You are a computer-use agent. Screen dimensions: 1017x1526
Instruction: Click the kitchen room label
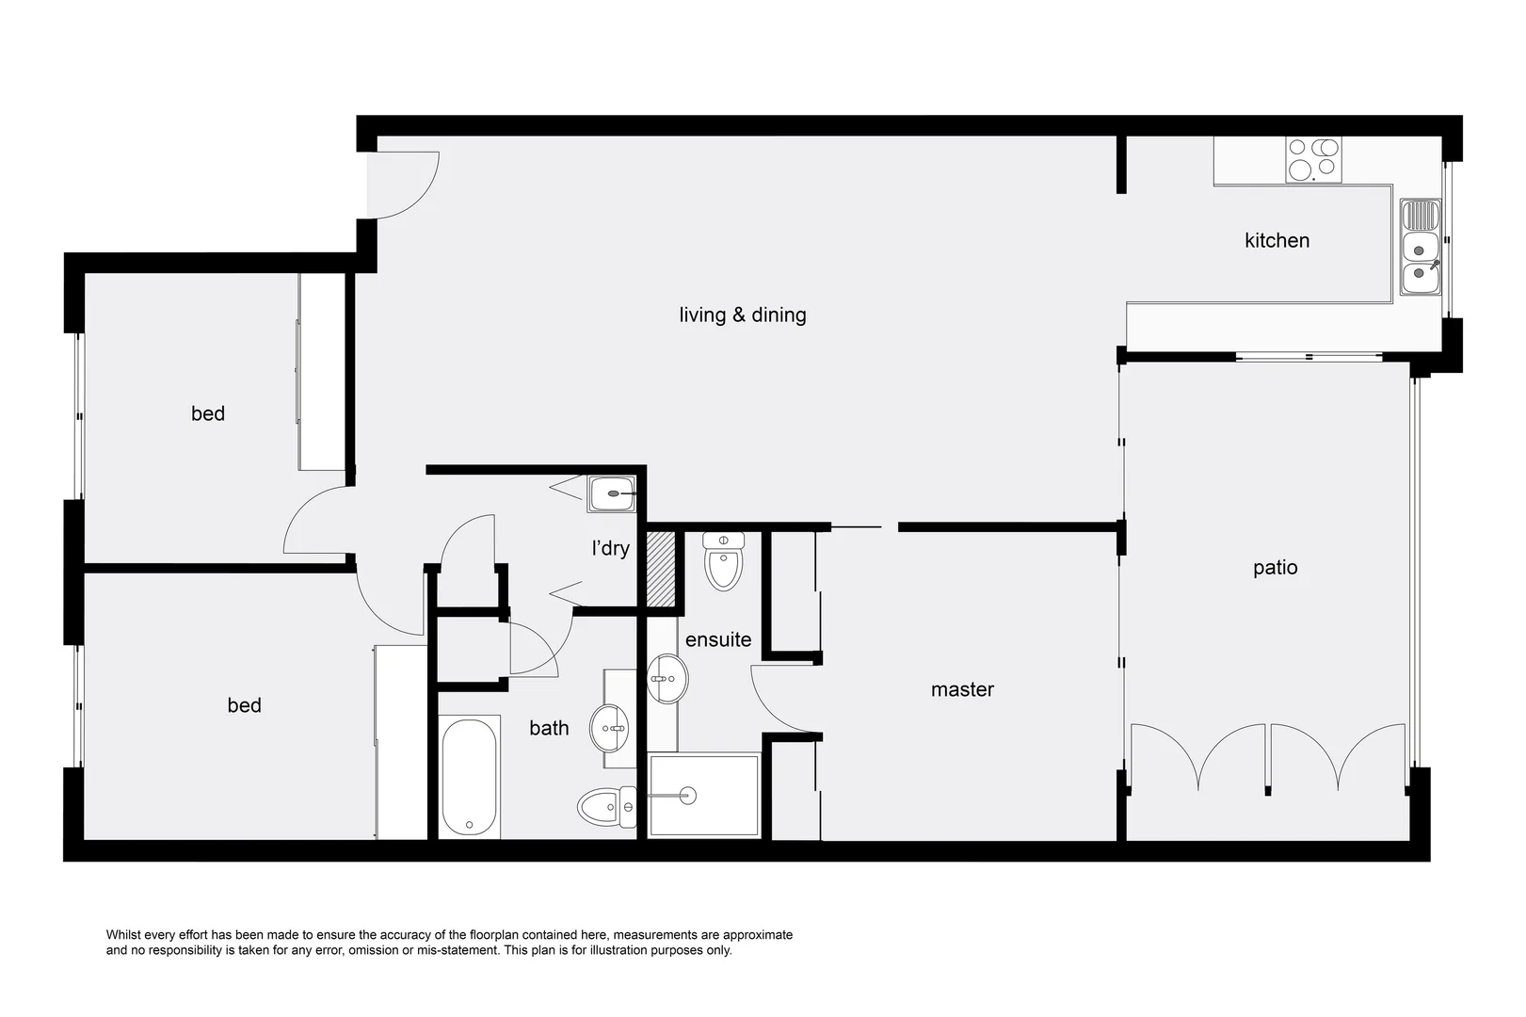[x=1277, y=240]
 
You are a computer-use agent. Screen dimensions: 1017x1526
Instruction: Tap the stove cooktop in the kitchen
[x=1313, y=159]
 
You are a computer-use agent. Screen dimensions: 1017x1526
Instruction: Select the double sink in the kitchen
[x=1420, y=247]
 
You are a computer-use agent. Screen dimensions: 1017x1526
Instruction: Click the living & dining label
[x=742, y=315]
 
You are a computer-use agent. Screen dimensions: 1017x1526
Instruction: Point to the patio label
[x=1275, y=567]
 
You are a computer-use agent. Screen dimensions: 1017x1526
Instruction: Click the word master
[x=962, y=689]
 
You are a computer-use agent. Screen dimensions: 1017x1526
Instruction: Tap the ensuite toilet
[x=724, y=562]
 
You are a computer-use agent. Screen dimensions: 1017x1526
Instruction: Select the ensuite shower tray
[x=703, y=795]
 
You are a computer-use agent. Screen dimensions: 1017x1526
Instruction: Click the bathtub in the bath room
[x=469, y=777]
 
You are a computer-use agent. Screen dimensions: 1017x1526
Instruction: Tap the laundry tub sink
[x=612, y=493]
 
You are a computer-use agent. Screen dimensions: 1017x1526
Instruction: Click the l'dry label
[x=610, y=548]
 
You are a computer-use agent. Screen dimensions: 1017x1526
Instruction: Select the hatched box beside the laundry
[x=662, y=569]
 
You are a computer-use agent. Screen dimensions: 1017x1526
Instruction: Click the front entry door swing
[x=403, y=184]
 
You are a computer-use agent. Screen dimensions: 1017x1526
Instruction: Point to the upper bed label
[x=208, y=413]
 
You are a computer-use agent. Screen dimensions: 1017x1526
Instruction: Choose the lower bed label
[x=244, y=705]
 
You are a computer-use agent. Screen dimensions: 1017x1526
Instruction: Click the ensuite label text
[x=718, y=639]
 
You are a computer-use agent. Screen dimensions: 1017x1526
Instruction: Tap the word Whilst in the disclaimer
[x=125, y=935]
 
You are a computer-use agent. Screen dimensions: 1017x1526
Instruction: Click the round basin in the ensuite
[x=668, y=678]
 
